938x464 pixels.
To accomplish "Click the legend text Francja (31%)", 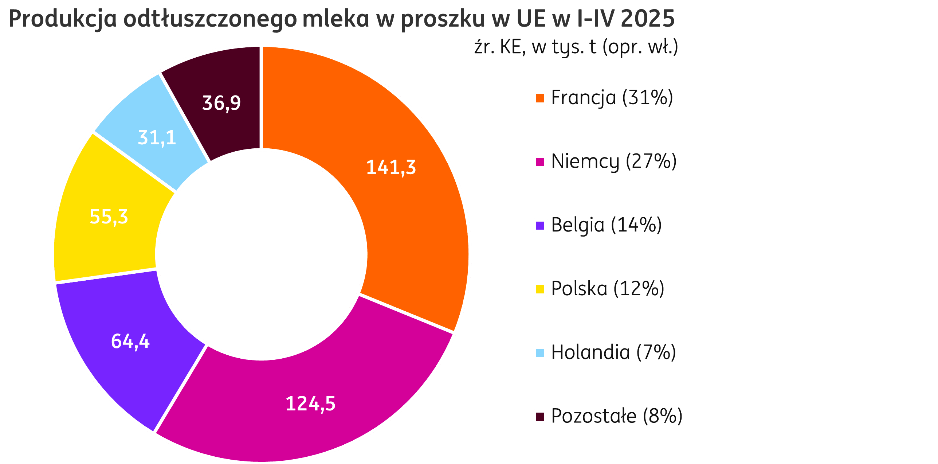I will (x=612, y=98).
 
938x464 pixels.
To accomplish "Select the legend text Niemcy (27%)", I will (x=614, y=161).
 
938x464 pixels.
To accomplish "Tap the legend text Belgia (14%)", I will (x=607, y=225).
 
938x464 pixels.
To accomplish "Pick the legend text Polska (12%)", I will (x=608, y=289).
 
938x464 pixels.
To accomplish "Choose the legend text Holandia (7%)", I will (x=613, y=353).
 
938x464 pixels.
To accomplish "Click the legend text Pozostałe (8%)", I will (x=617, y=416).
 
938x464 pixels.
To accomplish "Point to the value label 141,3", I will (x=391, y=168).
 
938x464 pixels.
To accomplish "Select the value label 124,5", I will (x=310, y=404).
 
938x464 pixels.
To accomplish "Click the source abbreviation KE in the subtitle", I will (x=513, y=47).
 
